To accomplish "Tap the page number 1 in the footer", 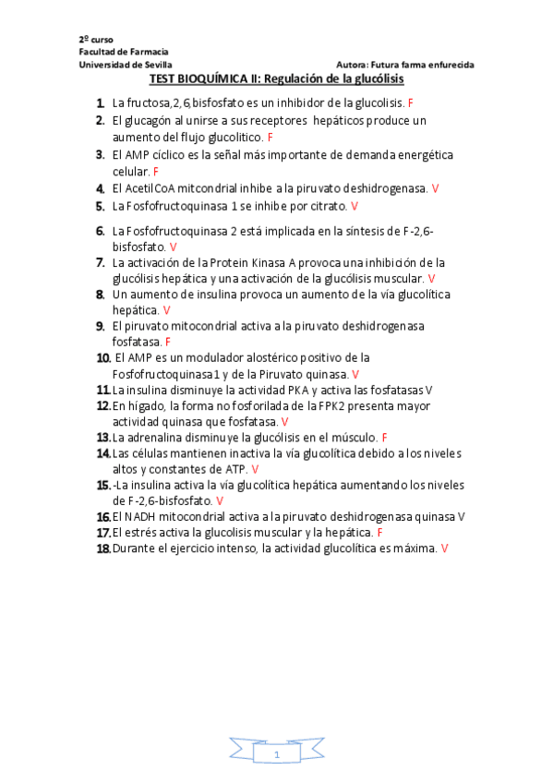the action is coord(276,755).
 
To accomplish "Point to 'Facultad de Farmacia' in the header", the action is coord(116,53).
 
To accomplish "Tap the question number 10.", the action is coord(103,357).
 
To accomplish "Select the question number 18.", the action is coord(103,548).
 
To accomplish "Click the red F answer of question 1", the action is coord(410,102).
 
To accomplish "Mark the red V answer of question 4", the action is coord(435,188).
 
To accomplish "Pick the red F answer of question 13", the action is coord(384,437).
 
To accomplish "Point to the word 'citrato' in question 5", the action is coord(329,206).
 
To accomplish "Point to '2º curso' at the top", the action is coord(96,40).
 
